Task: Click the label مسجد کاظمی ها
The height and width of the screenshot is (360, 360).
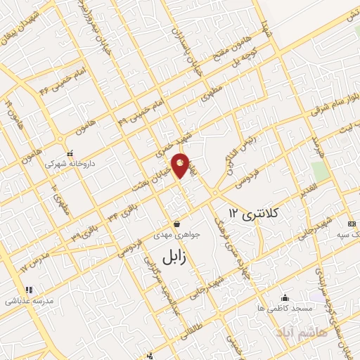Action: pos(285,308)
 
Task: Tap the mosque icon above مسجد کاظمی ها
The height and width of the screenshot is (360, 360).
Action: pos(285,297)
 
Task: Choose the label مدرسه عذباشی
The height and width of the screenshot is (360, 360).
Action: pos(29,300)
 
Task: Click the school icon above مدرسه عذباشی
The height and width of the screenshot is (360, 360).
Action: pos(29,290)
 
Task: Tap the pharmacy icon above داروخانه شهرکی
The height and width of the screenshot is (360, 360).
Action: pos(69,153)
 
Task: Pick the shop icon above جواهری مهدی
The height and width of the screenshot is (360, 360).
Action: pos(176,225)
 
